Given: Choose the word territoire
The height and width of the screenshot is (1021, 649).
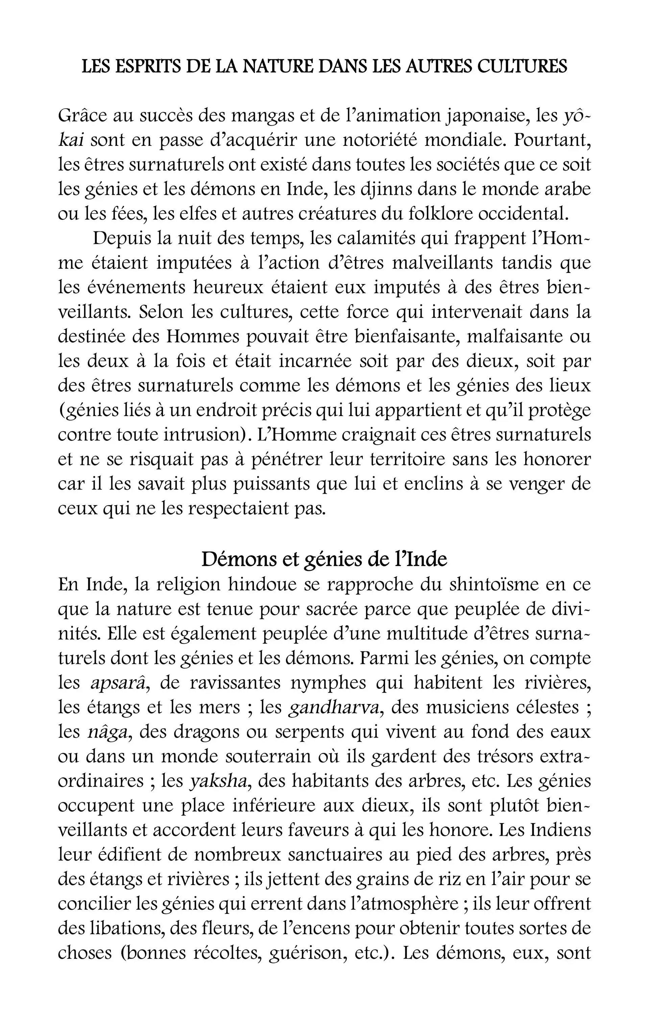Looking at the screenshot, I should (407, 460).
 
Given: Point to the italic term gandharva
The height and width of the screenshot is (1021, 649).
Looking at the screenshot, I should (334, 707).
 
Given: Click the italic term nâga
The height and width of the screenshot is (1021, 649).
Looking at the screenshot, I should (108, 732).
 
